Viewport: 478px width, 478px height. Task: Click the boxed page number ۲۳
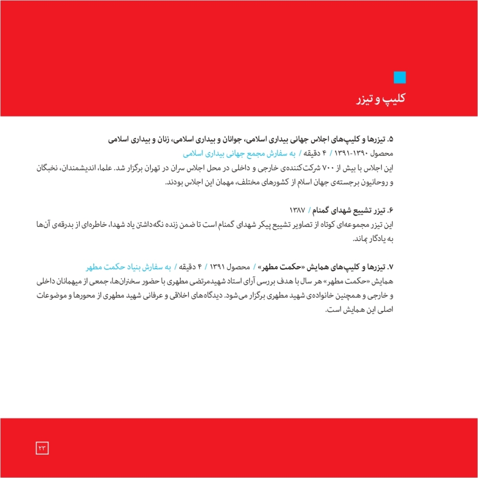point(42,447)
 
